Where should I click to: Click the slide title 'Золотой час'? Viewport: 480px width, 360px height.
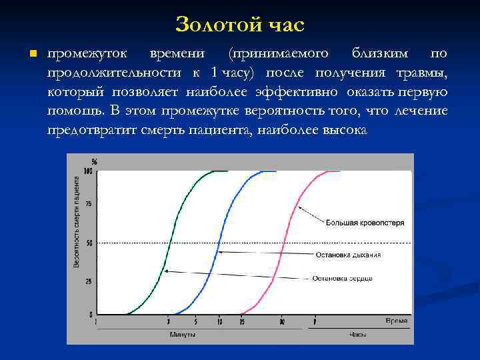(240, 25)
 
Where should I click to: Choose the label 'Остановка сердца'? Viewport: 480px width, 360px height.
(343, 278)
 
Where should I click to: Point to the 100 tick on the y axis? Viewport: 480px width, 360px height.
(87, 171)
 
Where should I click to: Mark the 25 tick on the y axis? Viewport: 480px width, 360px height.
(89, 281)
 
